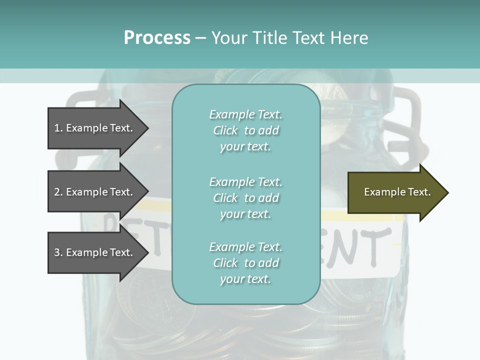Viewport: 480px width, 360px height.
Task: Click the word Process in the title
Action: tap(157, 38)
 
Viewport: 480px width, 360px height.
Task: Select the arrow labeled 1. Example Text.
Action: tap(95, 128)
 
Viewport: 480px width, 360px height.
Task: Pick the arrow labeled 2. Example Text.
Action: tap(95, 192)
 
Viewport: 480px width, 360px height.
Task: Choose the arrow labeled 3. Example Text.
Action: tap(95, 252)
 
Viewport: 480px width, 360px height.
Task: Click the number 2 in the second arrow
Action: tap(57, 192)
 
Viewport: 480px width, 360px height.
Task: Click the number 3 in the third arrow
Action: tap(57, 252)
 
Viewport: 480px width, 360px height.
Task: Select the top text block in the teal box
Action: tap(245, 130)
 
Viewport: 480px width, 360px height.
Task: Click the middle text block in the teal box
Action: tap(245, 198)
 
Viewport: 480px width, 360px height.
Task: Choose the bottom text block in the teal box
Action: tap(245, 263)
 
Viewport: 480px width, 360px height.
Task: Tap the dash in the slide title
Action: tap(200, 38)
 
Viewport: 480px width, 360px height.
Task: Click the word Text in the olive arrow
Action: tap(419, 192)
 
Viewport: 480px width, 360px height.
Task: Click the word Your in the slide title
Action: tap(228, 38)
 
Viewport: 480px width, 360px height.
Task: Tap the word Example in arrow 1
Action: tap(86, 128)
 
